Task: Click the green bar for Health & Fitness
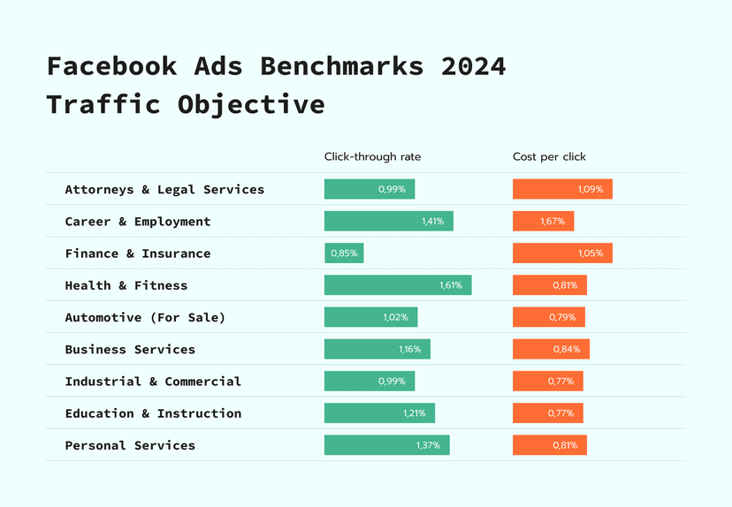[397, 285]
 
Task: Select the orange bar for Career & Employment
[543, 221]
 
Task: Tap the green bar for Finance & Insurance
[344, 253]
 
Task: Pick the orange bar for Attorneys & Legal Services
[562, 189]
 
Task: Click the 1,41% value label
[432, 222]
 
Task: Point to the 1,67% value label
[553, 222]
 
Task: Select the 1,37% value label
[427, 445]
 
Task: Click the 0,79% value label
[564, 317]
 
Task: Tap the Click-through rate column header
[372, 157]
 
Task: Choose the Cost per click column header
[549, 157]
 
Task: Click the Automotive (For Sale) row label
[145, 317]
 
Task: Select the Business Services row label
[130, 349]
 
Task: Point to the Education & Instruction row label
[153, 413]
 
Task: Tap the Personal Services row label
[130, 445]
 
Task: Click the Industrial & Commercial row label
[153, 382]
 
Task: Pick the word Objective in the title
[251, 104]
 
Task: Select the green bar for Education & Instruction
[379, 413]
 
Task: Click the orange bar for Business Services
[551, 349]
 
